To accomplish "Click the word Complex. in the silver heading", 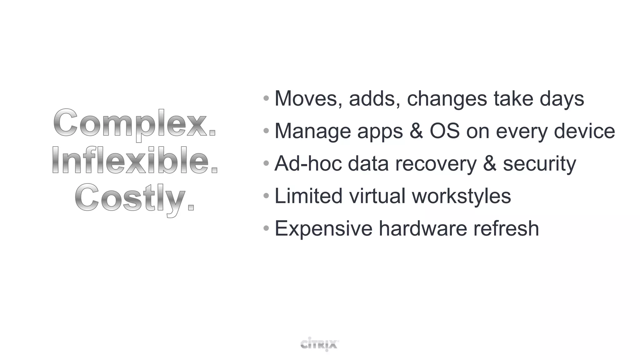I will [135, 124].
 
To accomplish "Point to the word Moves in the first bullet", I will [306, 99].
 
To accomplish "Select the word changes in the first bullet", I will [447, 99].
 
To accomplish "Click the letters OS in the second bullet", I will [445, 131].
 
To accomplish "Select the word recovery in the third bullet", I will [436, 164].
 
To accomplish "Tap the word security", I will [539, 164].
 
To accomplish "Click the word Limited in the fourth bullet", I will [308, 196].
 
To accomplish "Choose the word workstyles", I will [461, 197].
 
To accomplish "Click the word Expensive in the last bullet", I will [323, 229].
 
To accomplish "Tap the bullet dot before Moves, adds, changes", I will [266, 98].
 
